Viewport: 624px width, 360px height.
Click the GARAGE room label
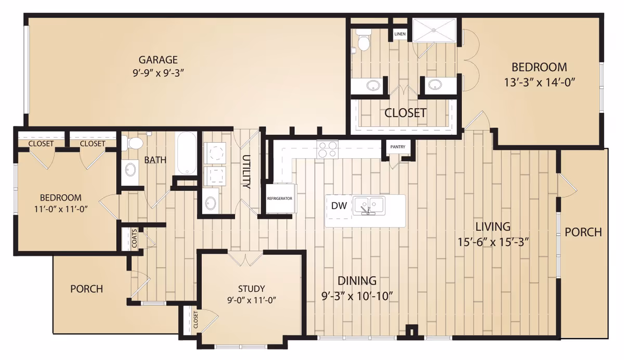(x=158, y=60)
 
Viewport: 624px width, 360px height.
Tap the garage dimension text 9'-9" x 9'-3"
(x=158, y=73)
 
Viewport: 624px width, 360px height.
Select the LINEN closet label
(x=400, y=34)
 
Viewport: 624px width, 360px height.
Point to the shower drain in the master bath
(x=434, y=30)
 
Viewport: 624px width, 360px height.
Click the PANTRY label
(x=397, y=147)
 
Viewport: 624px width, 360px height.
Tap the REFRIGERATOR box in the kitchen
(x=280, y=198)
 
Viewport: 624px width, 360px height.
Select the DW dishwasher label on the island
(x=339, y=205)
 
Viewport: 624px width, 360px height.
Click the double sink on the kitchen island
(x=369, y=205)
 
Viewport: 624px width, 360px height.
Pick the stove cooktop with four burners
(x=327, y=149)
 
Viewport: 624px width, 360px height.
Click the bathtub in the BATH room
(x=186, y=153)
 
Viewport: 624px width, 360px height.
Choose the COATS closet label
(x=134, y=238)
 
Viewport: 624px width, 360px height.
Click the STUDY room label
(x=251, y=288)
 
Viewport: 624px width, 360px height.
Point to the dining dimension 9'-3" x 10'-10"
(x=357, y=296)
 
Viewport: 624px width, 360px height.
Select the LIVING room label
(x=493, y=226)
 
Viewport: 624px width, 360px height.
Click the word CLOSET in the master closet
(x=405, y=113)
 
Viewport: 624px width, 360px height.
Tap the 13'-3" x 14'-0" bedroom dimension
(x=540, y=83)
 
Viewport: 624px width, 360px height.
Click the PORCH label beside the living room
(x=583, y=232)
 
